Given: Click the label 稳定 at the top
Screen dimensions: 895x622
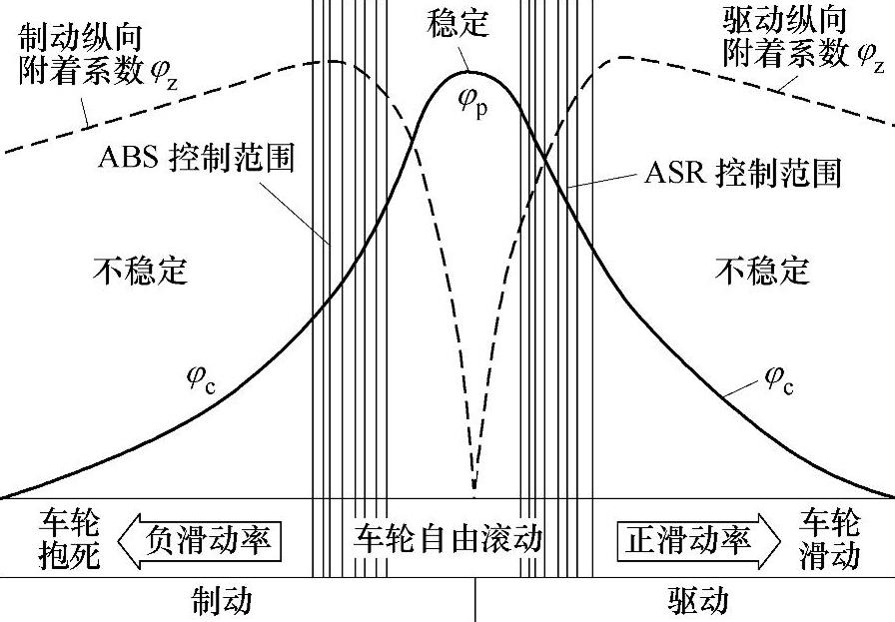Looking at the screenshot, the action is (457, 22).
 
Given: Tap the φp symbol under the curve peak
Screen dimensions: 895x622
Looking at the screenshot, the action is (473, 103).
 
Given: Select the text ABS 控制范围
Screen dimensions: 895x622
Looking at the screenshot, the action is (197, 157).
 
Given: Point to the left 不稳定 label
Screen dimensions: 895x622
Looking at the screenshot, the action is (141, 270).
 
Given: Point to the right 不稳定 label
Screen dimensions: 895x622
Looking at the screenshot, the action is (762, 270).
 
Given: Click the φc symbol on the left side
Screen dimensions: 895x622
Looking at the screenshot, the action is (202, 380).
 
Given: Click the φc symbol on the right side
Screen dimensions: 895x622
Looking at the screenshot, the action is (779, 380).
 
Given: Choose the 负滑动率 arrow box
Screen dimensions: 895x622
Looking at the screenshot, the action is (199, 540).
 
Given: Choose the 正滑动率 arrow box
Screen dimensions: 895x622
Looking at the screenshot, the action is (698, 540).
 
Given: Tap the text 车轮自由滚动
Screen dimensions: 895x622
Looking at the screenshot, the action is (448, 538).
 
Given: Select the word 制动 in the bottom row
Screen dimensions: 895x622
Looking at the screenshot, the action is (221, 601).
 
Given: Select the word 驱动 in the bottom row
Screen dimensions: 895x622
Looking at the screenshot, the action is (697, 601).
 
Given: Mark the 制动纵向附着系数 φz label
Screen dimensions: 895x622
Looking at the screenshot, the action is (97, 56).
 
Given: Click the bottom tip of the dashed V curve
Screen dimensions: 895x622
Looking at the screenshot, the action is (473, 489).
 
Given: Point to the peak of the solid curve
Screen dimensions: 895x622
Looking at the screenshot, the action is (470, 72).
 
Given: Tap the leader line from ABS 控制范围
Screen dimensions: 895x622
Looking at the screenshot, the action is (295, 214).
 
